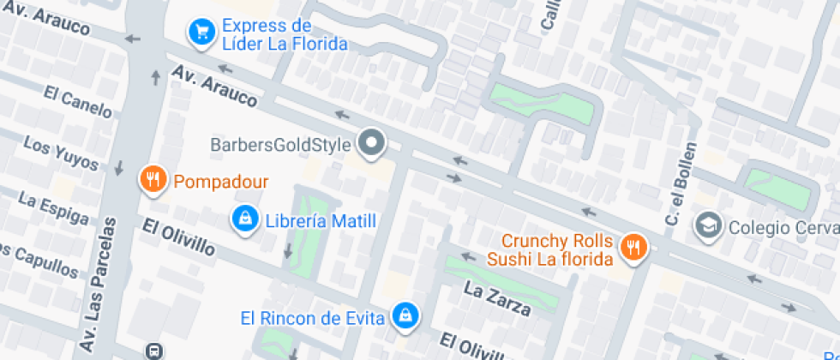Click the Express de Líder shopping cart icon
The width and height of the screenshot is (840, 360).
point(201,33)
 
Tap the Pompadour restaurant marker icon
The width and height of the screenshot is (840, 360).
point(153,179)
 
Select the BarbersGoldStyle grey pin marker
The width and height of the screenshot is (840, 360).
point(371,142)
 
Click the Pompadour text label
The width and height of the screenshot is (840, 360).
point(221,182)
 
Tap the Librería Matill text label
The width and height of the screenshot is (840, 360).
point(321,221)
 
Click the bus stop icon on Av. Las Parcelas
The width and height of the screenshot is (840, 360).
point(154,351)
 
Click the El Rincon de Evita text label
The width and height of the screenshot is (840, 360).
point(312,318)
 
